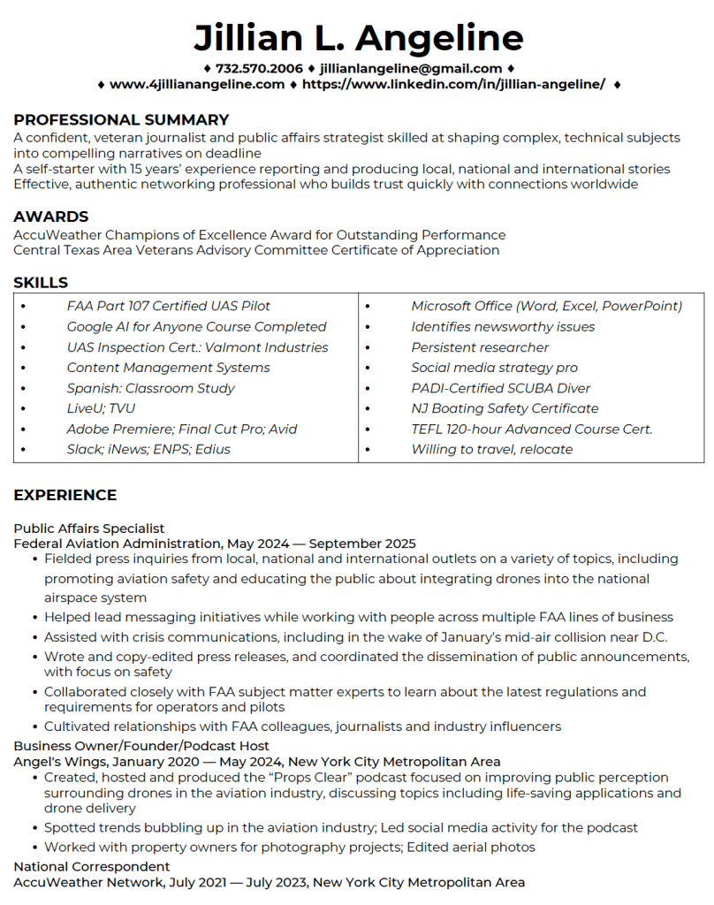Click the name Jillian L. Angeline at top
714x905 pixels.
click(x=358, y=37)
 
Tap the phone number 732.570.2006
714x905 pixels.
click(x=259, y=68)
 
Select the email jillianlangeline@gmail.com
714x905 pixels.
click(x=411, y=68)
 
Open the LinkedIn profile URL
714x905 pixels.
click(x=453, y=84)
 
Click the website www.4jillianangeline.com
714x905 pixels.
click(x=197, y=84)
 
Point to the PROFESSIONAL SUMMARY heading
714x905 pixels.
click(x=121, y=120)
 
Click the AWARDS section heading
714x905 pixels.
click(x=51, y=217)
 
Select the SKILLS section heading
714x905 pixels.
click(x=41, y=283)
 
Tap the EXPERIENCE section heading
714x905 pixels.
click(x=65, y=495)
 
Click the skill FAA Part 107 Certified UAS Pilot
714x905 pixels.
click(x=169, y=306)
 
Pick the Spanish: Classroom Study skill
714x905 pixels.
click(x=151, y=388)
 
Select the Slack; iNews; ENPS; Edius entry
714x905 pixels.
click(x=148, y=449)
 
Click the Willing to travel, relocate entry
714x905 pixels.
click(x=492, y=449)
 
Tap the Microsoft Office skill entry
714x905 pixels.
click(x=547, y=306)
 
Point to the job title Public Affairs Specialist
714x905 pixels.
click(x=89, y=529)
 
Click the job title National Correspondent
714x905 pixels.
click(x=92, y=866)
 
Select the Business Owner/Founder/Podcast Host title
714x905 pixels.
click(x=141, y=746)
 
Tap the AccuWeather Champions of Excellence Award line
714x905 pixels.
click(x=260, y=235)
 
